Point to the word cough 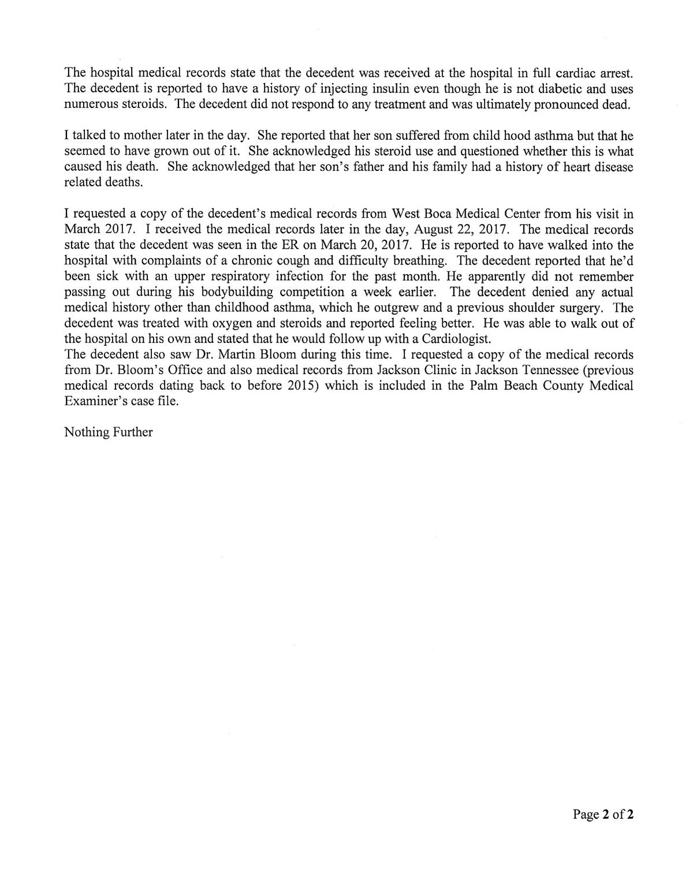(295, 261)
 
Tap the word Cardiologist (454, 339)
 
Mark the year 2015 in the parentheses (303, 386)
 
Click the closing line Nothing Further (109, 432)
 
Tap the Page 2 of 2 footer (603, 815)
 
